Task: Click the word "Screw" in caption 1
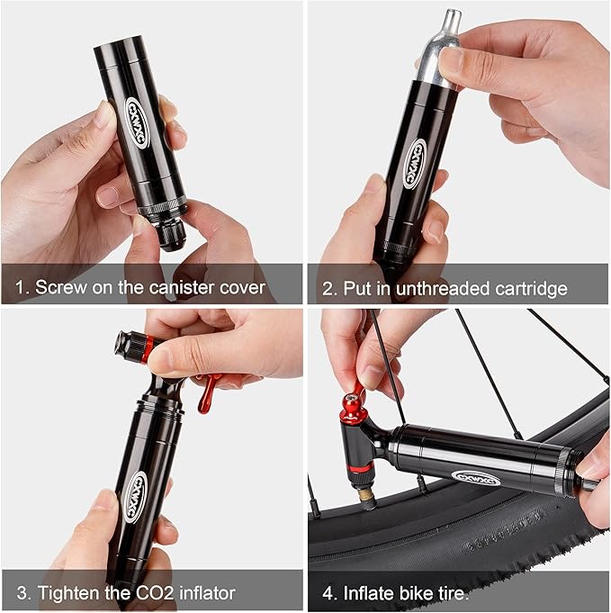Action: click(59, 288)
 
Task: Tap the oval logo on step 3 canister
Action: click(136, 497)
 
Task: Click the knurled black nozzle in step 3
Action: click(128, 346)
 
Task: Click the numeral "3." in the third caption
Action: click(23, 592)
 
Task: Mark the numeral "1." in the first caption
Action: click(22, 288)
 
